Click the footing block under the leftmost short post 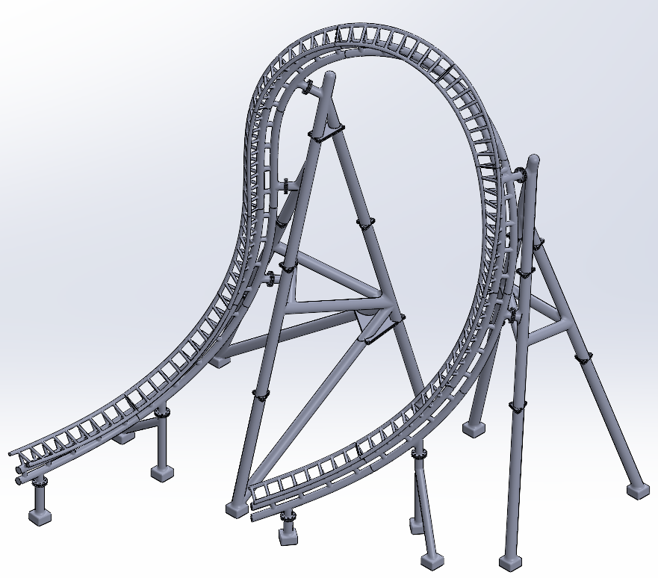40,515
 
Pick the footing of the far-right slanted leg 637,490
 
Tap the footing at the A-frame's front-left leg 236,509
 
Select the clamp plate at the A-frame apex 326,134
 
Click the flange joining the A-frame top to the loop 308,89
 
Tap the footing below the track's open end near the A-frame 288,533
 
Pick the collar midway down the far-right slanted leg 583,358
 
